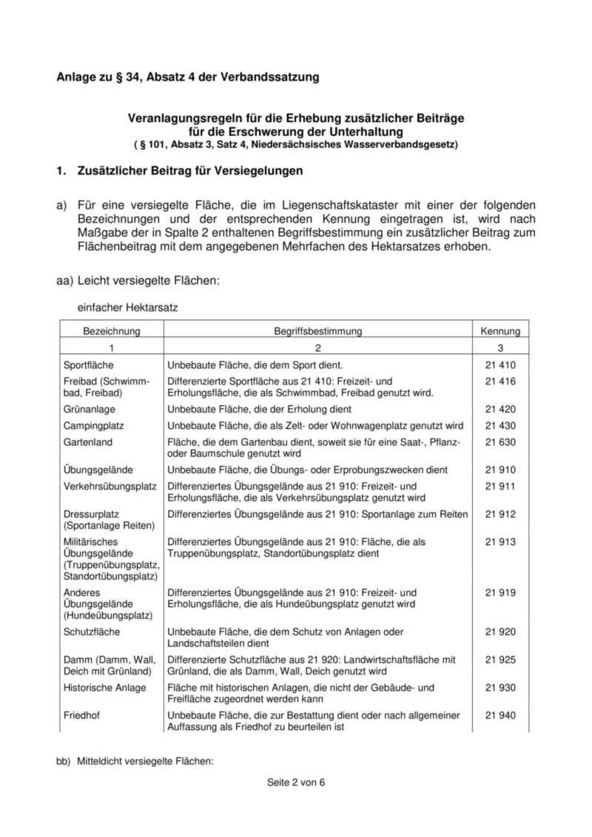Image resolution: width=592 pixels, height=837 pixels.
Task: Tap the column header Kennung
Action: click(x=500, y=331)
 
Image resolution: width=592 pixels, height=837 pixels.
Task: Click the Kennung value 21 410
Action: click(x=500, y=365)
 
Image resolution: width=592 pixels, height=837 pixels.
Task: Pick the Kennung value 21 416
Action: click(x=500, y=381)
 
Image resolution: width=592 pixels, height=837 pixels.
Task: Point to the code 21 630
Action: click(x=500, y=441)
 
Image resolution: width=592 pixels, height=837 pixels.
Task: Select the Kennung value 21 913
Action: click(x=500, y=542)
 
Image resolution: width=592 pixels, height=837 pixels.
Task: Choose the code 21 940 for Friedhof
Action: click(x=500, y=715)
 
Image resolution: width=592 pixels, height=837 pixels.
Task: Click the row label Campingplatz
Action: click(x=94, y=426)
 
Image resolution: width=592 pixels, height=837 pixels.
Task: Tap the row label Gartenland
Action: click(x=88, y=441)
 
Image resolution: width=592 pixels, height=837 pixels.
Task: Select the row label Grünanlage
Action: click(x=90, y=409)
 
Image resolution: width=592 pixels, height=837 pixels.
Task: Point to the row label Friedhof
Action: click(x=82, y=715)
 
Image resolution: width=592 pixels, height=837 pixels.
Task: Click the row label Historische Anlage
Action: click(x=104, y=688)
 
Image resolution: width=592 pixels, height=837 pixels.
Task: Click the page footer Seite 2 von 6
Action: click(x=296, y=783)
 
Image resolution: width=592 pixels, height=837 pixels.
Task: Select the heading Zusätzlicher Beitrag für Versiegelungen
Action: click(x=190, y=172)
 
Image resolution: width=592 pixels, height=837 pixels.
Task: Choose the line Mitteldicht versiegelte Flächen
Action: click(x=145, y=758)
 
